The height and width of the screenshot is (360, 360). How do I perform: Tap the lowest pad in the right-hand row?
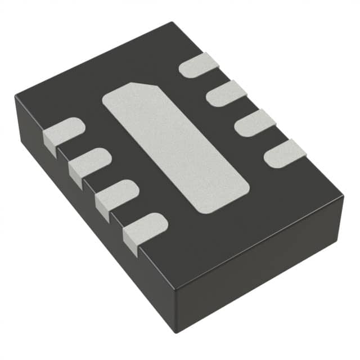click(x=285, y=154)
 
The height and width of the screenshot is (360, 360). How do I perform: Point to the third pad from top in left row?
click(x=118, y=193)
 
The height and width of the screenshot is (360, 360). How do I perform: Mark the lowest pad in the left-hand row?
click(x=146, y=226)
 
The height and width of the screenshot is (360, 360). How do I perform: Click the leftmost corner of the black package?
click(x=15, y=97)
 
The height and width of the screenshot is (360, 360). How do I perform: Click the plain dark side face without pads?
click(x=264, y=270)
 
